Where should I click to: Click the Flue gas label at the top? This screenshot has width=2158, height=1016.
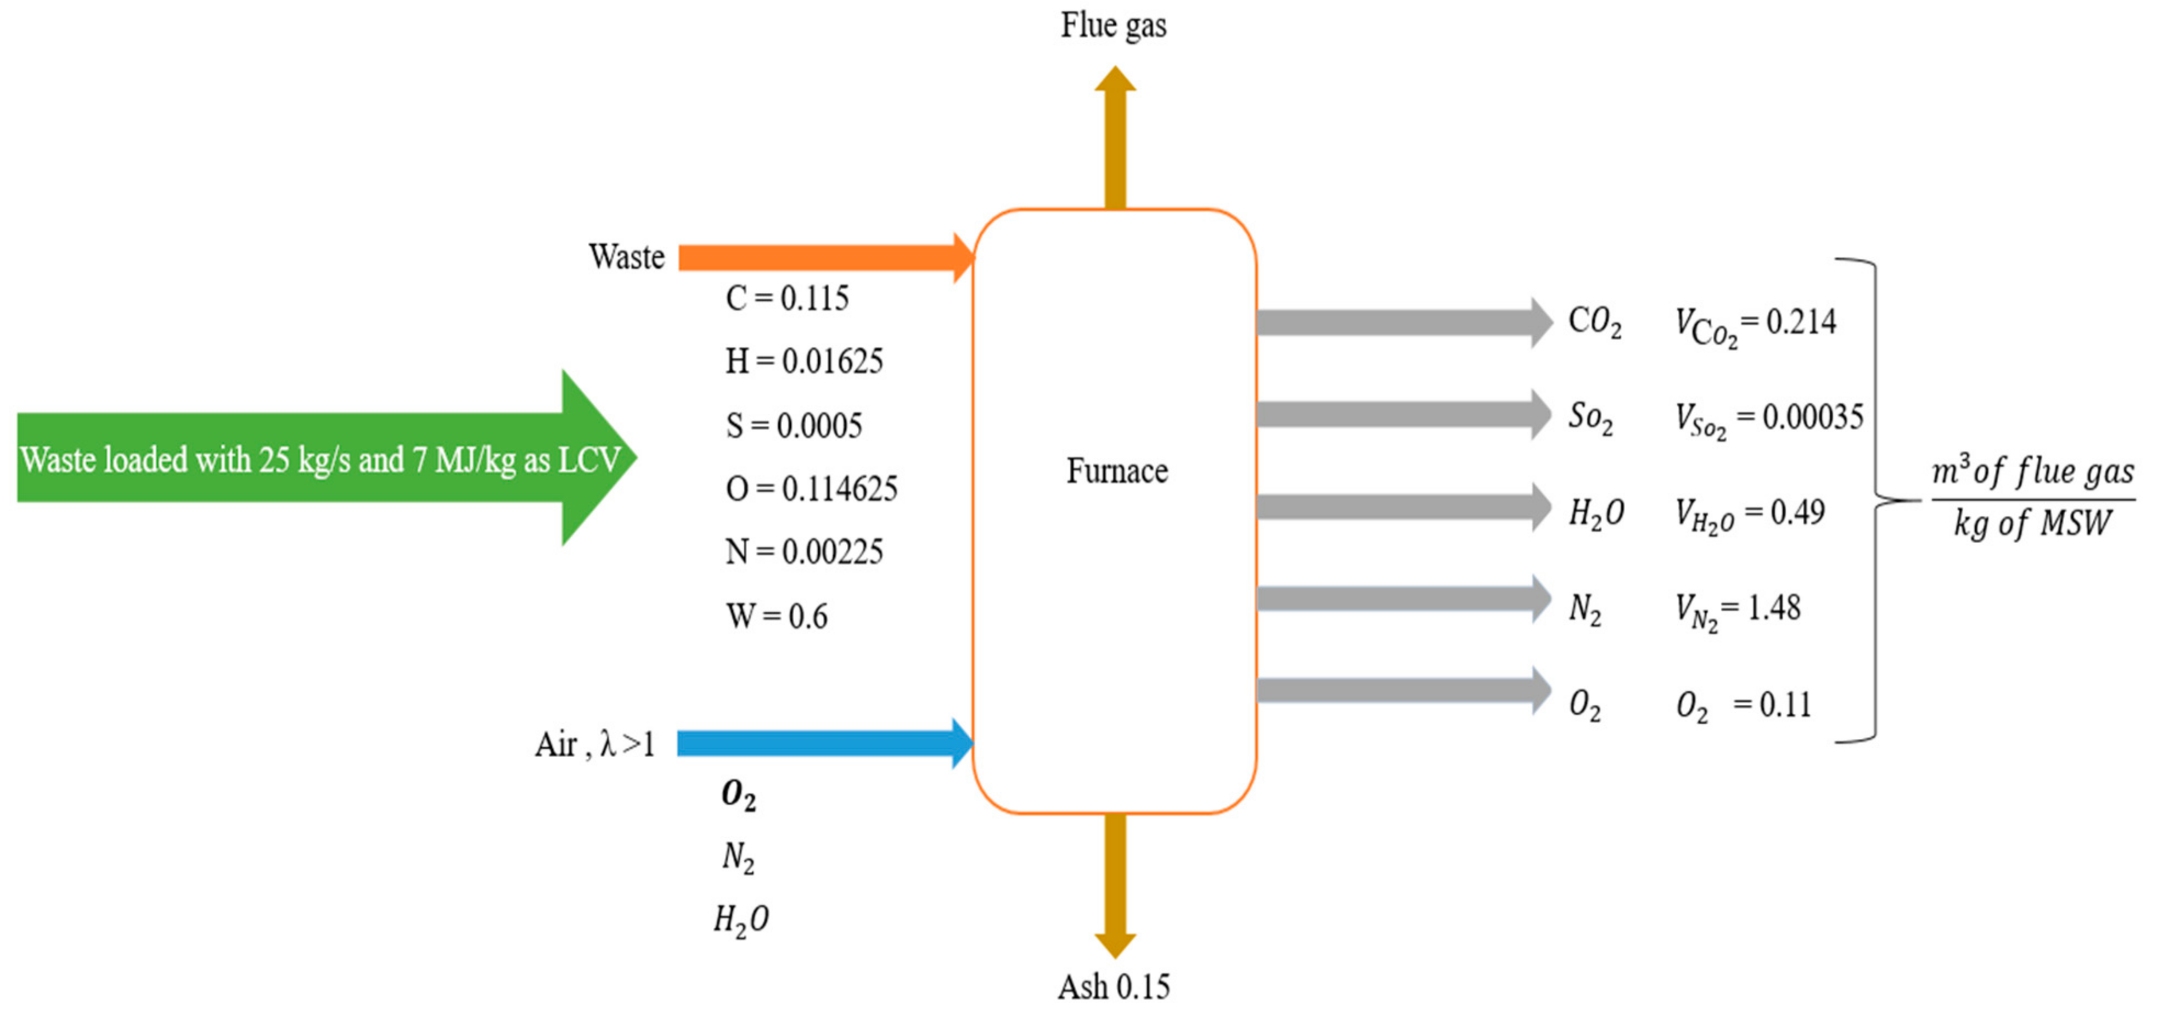click(x=1114, y=25)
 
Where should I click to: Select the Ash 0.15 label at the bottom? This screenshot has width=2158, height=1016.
click(x=1114, y=987)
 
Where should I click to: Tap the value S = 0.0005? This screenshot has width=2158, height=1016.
click(x=793, y=426)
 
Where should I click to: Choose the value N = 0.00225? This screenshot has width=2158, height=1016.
click(x=803, y=552)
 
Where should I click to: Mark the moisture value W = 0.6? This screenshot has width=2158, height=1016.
click(x=777, y=617)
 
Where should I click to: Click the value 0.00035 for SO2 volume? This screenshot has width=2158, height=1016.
click(x=1813, y=417)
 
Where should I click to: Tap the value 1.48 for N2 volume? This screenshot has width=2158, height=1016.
click(x=1773, y=607)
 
